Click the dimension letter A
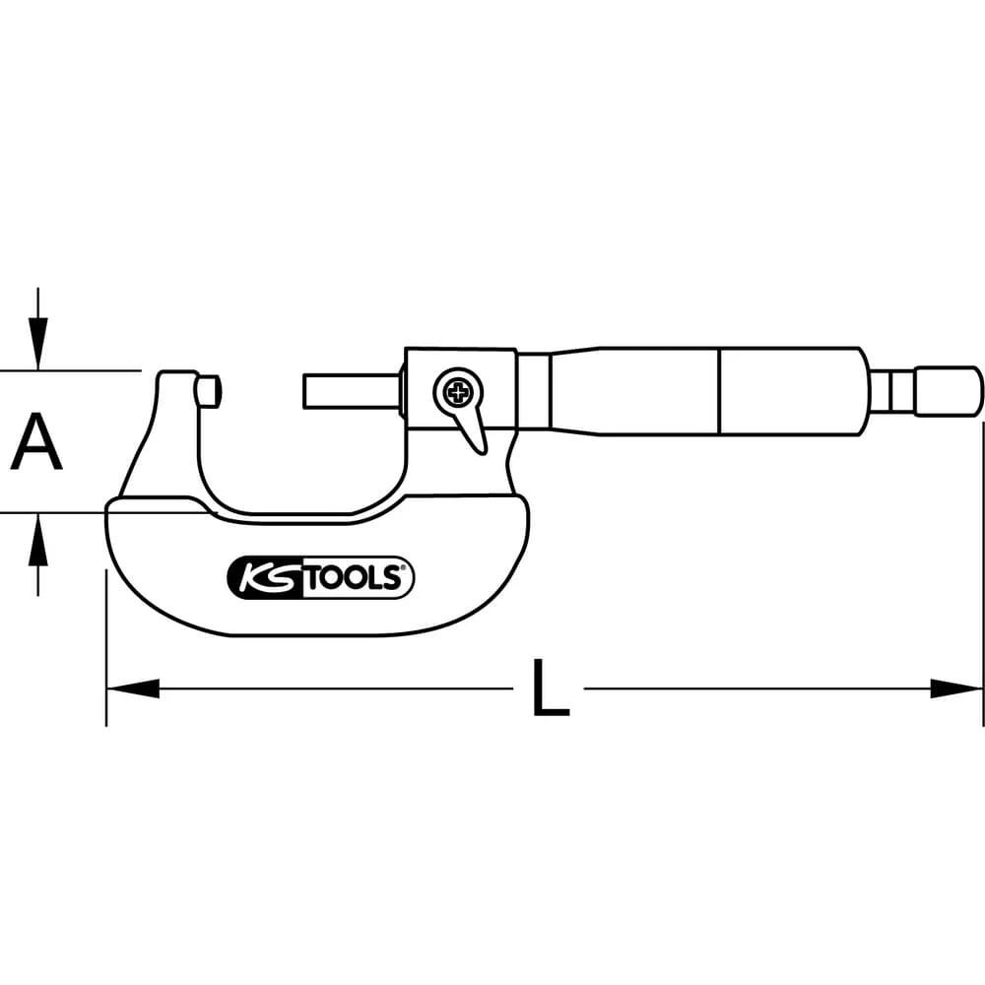coord(36,442)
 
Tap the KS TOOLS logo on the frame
coord(321,577)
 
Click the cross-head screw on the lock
coord(456,394)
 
